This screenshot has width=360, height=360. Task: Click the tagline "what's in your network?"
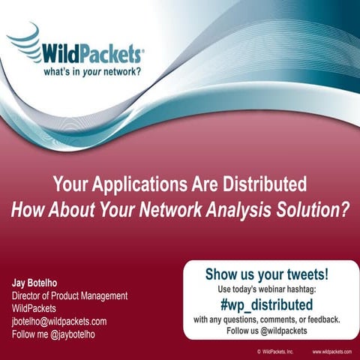90,73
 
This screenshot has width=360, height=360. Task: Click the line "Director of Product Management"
69,296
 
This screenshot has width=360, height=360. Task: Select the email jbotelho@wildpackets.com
58,322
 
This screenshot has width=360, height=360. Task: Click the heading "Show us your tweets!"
266,275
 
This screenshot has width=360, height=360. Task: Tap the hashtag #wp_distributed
266,304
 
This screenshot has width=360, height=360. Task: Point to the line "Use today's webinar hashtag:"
266,289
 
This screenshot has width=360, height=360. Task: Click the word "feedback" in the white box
320,319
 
